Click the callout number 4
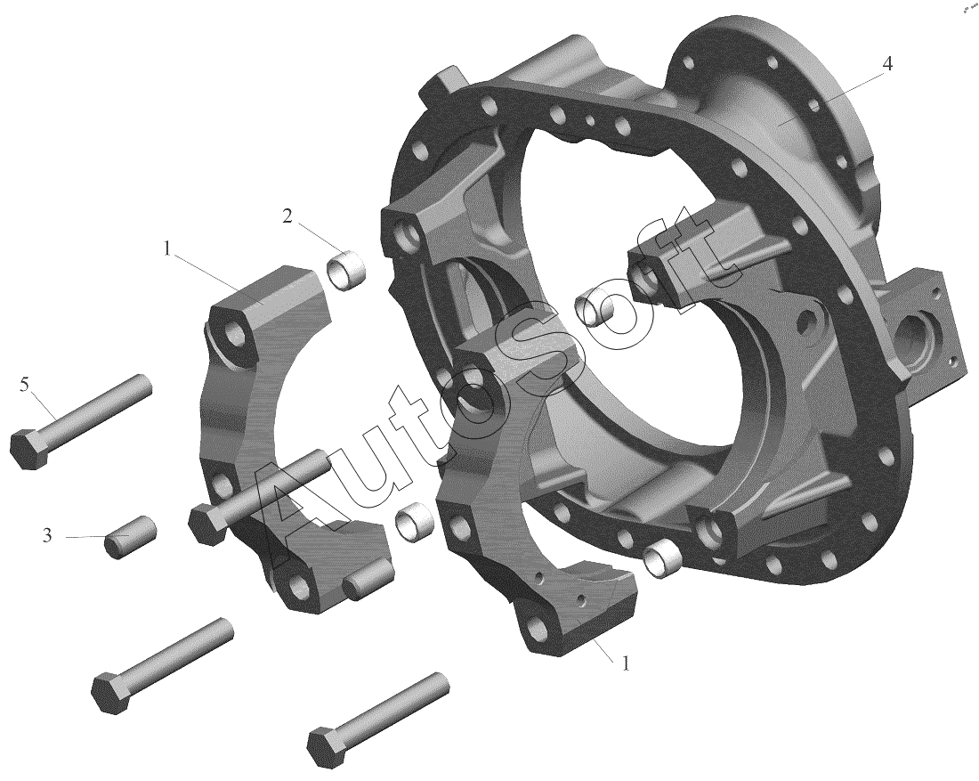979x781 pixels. pyautogui.click(x=886, y=64)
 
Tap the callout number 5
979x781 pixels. pyautogui.click(x=24, y=385)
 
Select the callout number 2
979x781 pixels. pyautogui.click(x=287, y=216)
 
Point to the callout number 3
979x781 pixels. pyautogui.click(x=47, y=535)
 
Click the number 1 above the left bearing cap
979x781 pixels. pyautogui.click(x=167, y=248)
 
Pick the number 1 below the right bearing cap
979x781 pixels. pyautogui.click(x=626, y=663)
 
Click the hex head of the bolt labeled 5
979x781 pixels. pyautogui.click(x=28, y=448)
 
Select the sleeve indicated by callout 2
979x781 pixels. pyautogui.click(x=346, y=269)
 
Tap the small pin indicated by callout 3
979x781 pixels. pyautogui.click(x=131, y=536)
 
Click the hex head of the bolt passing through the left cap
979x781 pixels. pyautogui.click(x=207, y=523)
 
